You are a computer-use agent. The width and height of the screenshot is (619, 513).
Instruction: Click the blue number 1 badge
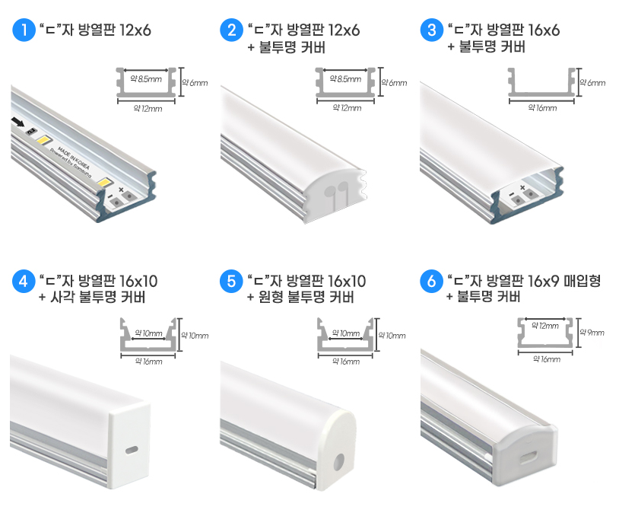(24, 30)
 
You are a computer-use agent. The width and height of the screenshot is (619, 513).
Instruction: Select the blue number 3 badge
(432, 30)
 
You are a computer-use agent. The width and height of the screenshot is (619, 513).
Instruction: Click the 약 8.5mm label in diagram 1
(146, 78)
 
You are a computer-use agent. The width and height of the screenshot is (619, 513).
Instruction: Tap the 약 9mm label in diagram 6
(592, 333)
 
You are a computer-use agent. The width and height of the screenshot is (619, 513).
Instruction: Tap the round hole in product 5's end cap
(338, 461)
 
